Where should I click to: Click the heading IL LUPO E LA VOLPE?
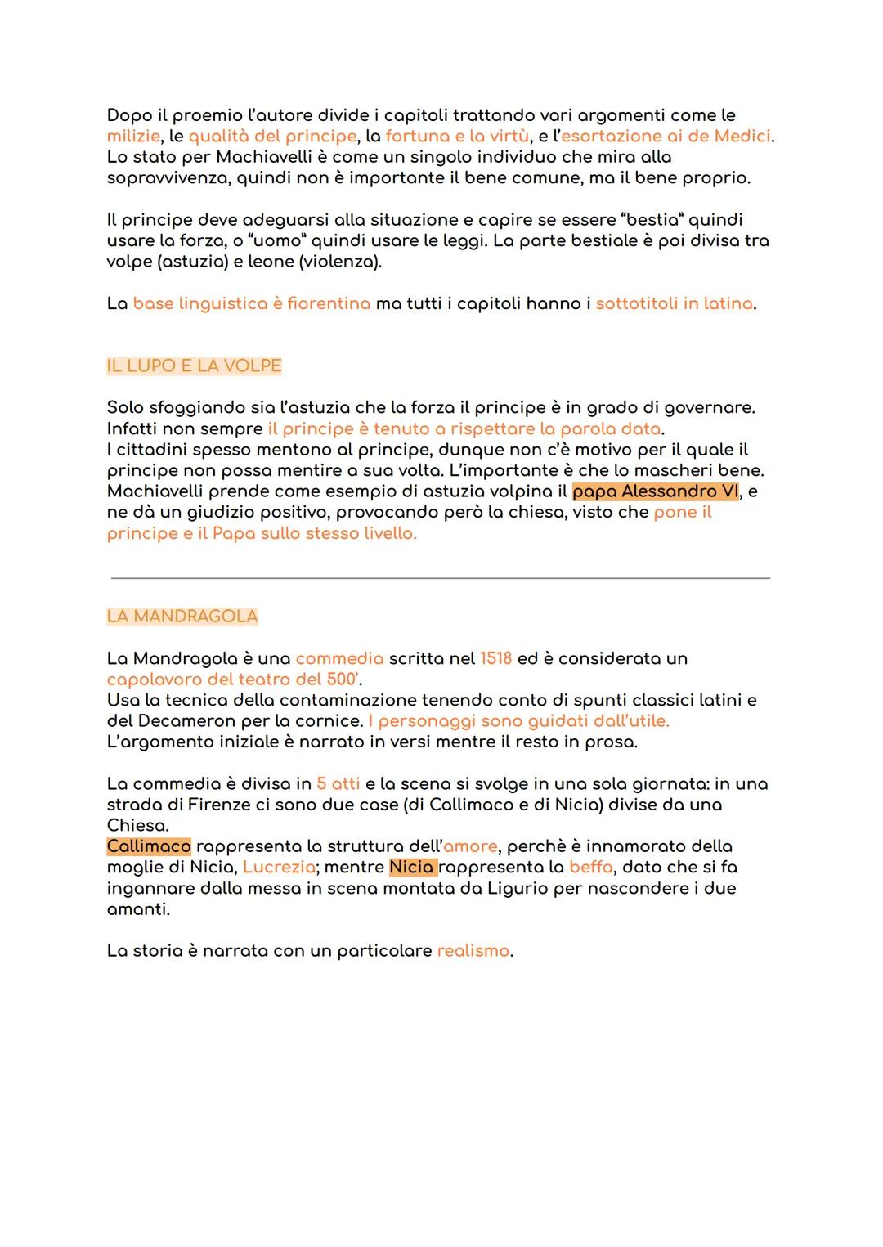[x=194, y=366]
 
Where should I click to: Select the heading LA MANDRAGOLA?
[x=182, y=617]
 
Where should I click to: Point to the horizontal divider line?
[x=440, y=578]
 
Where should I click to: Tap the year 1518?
[x=495, y=658]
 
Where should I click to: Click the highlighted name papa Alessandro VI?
[x=656, y=491]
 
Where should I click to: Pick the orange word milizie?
[x=133, y=136]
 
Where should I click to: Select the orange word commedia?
[x=339, y=658]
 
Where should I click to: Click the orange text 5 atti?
[x=338, y=783]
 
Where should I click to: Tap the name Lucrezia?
[x=279, y=867]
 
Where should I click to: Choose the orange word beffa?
[x=590, y=867]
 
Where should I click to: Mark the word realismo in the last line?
[x=473, y=951]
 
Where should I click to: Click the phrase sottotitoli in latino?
[x=674, y=303]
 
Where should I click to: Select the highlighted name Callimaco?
[x=149, y=846]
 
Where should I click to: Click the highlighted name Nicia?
[x=412, y=867]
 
